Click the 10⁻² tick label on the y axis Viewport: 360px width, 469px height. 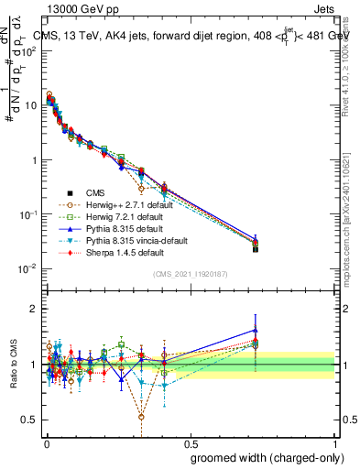click(28, 269)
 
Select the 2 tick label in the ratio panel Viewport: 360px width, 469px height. click(34, 310)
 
